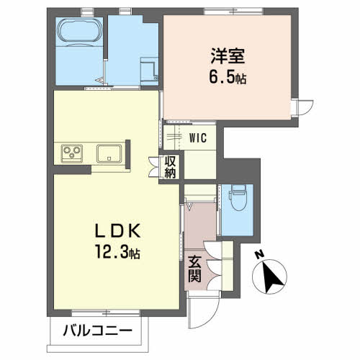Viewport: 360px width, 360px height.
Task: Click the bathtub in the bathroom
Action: pos(79,32)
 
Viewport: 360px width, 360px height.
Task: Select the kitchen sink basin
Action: pos(109,153)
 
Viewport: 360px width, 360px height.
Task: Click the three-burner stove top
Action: pos(72,153)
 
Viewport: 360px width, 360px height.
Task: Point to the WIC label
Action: pos(198,138)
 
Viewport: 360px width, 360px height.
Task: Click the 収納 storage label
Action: pos(170,167)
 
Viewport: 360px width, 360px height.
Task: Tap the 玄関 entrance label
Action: pos(194,269)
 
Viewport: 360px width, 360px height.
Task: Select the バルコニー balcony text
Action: pos(98,330)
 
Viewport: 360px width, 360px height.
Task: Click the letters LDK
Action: pos(118,230)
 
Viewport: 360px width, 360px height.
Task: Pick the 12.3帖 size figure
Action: pos(118,251)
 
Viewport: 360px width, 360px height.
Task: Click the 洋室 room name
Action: pos(228,56)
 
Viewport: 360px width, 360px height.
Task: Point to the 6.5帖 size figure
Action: pos(228,77)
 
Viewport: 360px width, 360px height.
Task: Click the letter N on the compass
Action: pos(258,254)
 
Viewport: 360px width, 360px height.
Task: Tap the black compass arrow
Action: pos(272,276)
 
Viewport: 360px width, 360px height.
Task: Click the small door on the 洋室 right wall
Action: pos(302,108)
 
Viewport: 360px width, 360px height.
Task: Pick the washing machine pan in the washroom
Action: pos(149,71)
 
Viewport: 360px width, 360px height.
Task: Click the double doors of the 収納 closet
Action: pos(154,167)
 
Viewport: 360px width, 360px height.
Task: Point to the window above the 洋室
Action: pos(234,11)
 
